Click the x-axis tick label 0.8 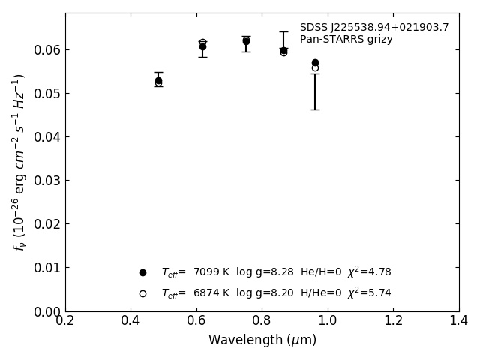click(262, 320)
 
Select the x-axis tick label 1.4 click(458, 320)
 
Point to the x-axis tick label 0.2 click(65, 320)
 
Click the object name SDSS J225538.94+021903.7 click(374, 28)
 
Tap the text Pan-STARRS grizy click(346, 40)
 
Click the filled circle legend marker click(142, 272)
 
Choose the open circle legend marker click(142, 293)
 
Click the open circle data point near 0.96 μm click(315, 67)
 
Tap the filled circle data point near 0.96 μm click(315, 62)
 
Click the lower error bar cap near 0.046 click(315, 109)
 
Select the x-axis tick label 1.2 click(393, 320)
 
